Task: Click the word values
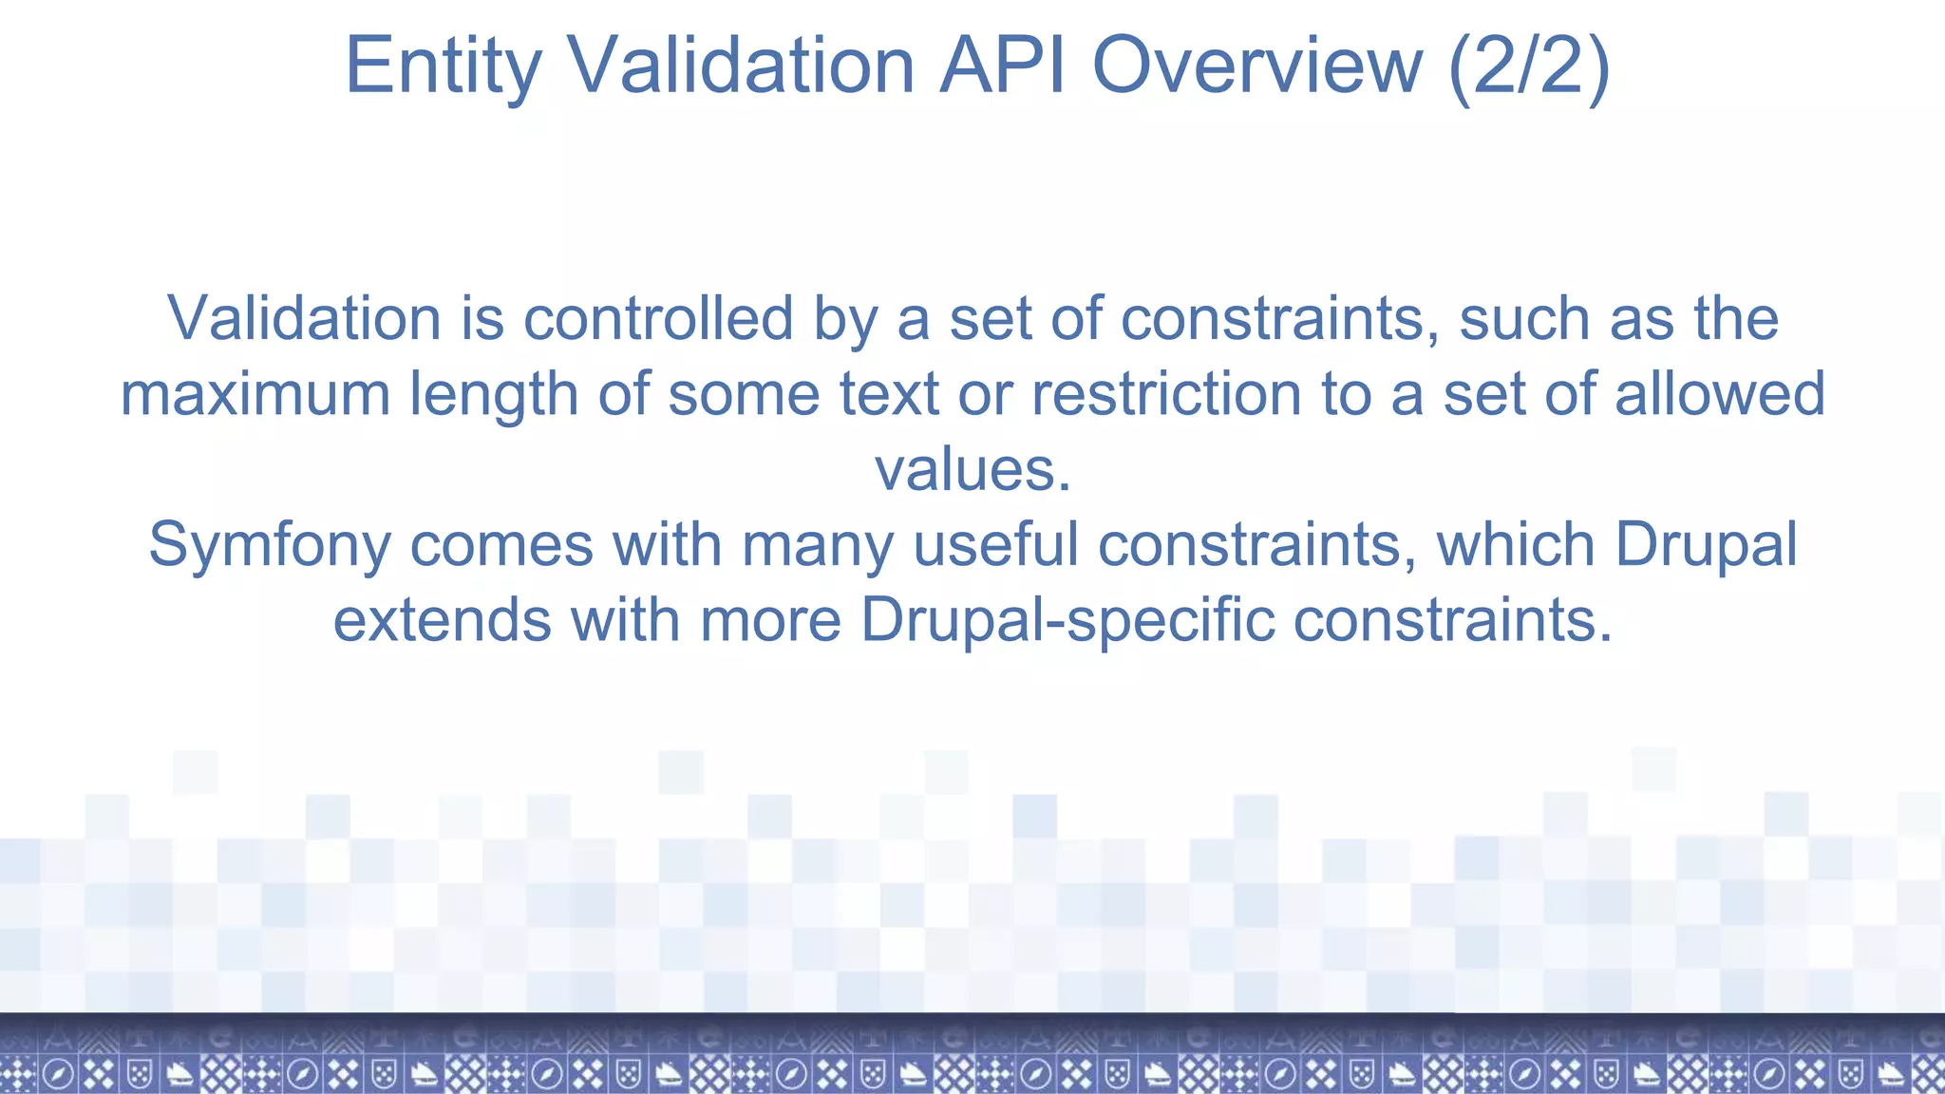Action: [x=972, y=469]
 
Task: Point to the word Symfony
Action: [x=270, y=546]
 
